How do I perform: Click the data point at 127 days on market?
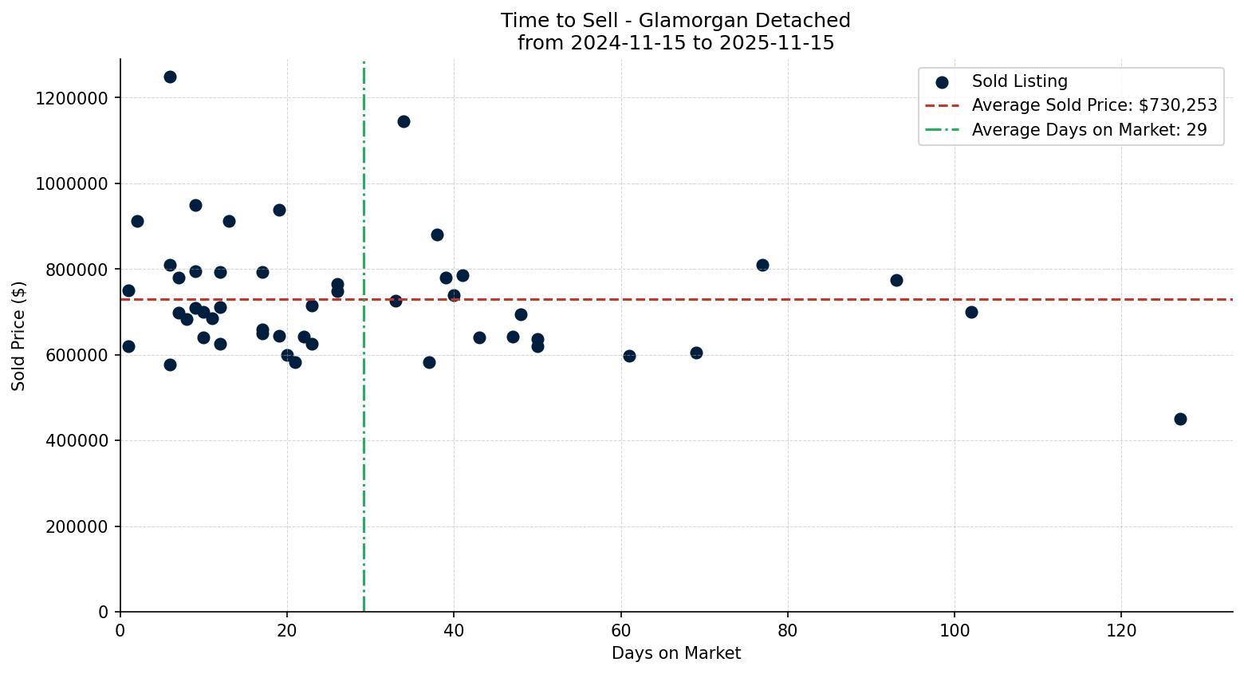pyautogui.click(x=1179, y=419)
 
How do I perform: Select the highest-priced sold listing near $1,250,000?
pyautogui.click(x=170, y=77)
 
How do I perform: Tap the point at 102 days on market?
pyautogui.click(x=971, y=312)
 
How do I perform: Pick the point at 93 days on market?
pyautogui.click(x=896, y=280)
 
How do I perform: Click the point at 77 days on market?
pyautogui.click(x=762, y=265)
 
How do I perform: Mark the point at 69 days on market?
pyautogui.click(x=696, y=353)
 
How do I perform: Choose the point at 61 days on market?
pyautogui.click(x=629, y=356)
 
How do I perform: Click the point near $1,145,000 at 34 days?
pyautogui.click(x=404, y=121)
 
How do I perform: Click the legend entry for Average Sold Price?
pyautogui.click(x=1093, y=105)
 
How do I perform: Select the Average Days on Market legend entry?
pyautogui.click(x=1088, y=130)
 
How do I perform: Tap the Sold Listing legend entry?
pyautogui.click(x=1019, y=81)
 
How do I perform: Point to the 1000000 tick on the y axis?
pyautogui.click(x=72, y=183)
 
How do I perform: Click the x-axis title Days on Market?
pyautogui.click(x=675, y=653)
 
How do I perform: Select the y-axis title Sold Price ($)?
pyautogui.click(x=18, y=336)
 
